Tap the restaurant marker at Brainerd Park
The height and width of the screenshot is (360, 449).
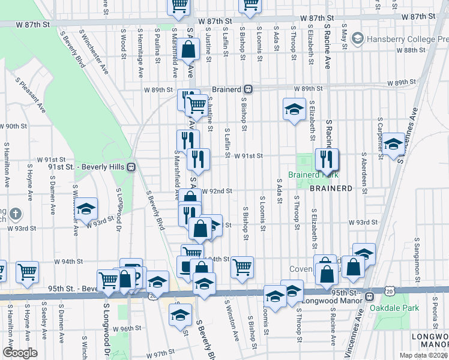(x=327, y=160)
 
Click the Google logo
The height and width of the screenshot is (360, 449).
(x=20, y=353)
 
